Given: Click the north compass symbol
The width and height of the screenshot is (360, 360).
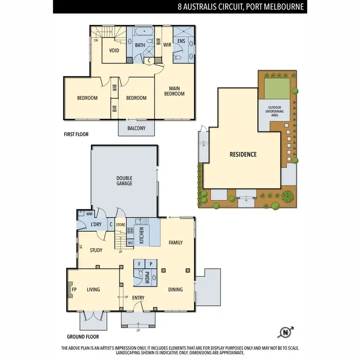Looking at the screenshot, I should point(285,332).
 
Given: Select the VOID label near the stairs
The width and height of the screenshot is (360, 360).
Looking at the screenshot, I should point(114,50).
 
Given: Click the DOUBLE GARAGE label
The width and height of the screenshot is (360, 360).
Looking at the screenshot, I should point(124,180).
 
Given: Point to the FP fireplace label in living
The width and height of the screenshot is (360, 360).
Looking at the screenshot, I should point(74,290).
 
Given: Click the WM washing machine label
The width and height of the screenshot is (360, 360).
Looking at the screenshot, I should point(89,214).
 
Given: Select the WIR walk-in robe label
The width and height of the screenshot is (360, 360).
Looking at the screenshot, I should point(168,45).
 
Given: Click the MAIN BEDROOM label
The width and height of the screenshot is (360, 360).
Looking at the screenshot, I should point(174,91).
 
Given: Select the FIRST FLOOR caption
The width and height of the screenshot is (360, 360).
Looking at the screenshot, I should point(76,134).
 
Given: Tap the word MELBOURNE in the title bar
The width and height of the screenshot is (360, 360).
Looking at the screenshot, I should point(281,7).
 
